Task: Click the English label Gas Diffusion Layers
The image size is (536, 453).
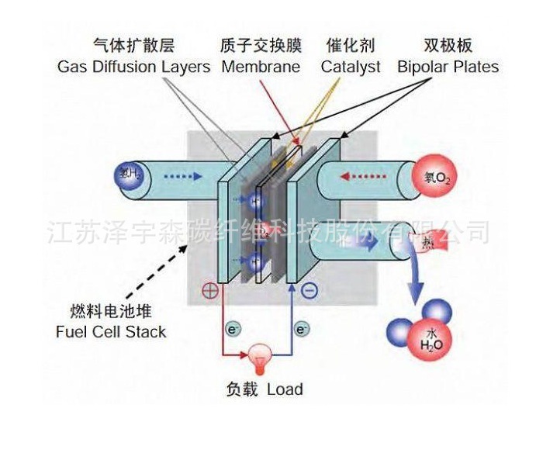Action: (133, 67)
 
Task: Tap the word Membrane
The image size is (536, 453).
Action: (261, 67)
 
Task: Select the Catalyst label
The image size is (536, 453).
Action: (351, 67)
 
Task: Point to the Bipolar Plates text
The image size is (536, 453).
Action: (448, 67)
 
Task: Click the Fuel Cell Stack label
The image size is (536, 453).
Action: (111, 332)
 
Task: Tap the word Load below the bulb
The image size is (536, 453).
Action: (285, 389)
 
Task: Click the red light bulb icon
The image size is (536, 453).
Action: (257, 356)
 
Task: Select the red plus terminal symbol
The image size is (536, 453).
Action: (209, 292)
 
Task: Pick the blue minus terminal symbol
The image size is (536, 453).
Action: (309, 292)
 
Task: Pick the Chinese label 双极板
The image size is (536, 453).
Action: (448, 46)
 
